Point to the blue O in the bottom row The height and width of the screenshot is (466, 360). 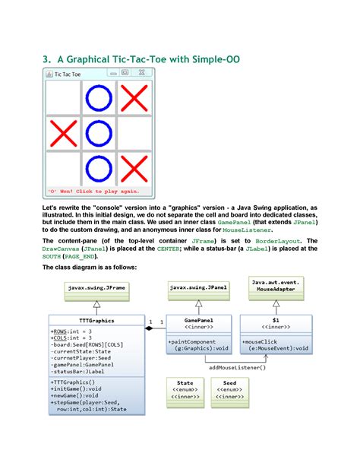click(x=98, y=169)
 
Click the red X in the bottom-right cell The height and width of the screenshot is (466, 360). click(x=134, y=169)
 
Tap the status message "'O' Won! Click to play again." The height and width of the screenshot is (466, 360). click(x=93, y=191)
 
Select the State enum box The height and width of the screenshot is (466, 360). click(x=185, y=389)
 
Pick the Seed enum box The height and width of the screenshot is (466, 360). click(x=229, y=389)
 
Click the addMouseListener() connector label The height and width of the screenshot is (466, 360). click(x=238, y=367)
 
